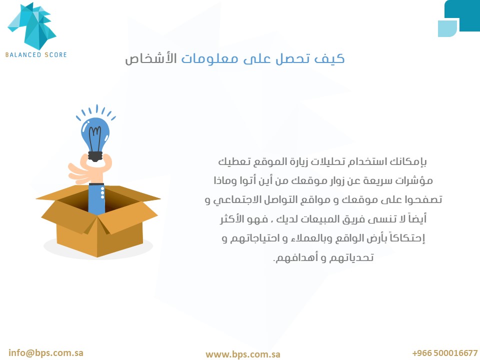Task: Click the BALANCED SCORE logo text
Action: [36, 55]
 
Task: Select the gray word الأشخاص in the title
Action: [151, 58]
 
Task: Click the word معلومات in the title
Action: [209, 58]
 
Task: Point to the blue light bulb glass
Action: [95, 134]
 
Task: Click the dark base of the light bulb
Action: [95, 156]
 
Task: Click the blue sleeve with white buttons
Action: [96, 198]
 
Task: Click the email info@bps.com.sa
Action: [46, 353]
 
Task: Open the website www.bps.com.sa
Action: [243, 354]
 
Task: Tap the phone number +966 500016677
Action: [445, 353]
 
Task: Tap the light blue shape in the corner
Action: [447, 28]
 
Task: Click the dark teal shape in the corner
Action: [462, 15]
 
